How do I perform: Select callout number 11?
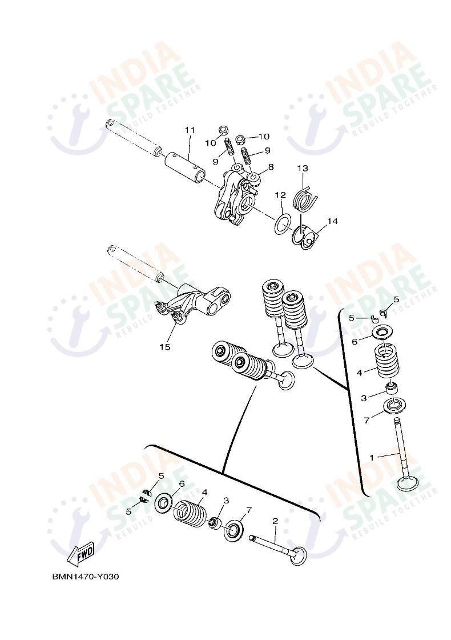(190, 130)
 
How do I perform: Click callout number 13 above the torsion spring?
(303, 168)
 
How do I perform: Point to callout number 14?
(332, 221)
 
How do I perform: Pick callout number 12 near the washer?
(280, 195)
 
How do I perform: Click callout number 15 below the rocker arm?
(164, 346)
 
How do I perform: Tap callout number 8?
(271, 167)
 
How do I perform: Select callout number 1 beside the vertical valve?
(372, 457)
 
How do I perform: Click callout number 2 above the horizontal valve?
(275, 521)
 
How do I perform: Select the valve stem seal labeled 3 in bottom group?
(215, 522)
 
